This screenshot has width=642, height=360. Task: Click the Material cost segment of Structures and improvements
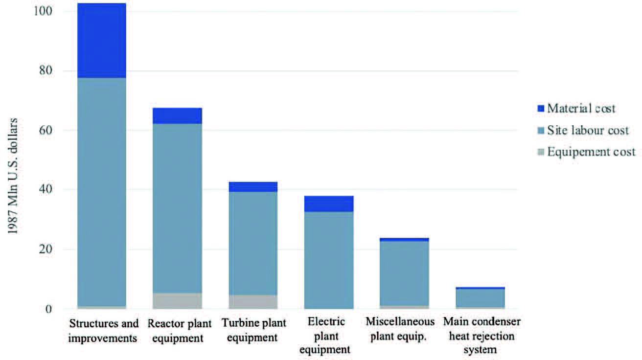point(102,41)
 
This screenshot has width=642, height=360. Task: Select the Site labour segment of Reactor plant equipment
point(177,208)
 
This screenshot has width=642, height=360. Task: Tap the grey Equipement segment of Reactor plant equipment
point(177,301)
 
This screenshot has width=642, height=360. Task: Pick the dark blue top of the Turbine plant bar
point(253,187)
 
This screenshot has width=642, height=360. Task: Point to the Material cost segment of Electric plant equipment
point(329,203)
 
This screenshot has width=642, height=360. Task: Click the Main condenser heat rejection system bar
point(480,298)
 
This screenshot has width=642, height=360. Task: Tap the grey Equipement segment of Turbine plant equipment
point(253,302)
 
